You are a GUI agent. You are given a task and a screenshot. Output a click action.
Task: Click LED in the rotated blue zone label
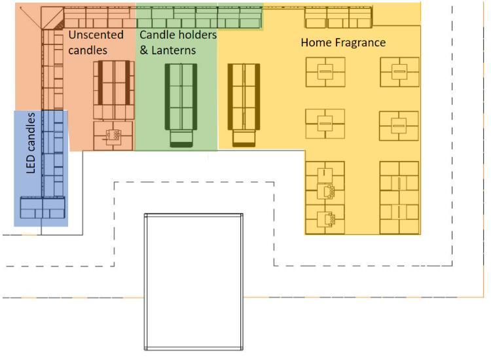click(x=30, y=164)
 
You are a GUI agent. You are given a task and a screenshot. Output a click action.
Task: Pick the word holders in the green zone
click(x=194, y=35)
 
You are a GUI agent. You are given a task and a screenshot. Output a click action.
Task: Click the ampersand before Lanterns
click(x=145, y=50)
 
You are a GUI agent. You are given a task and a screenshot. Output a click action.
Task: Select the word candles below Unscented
click(x=88, y=50)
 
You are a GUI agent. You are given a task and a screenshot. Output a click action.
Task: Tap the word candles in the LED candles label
click(x=30, y=132)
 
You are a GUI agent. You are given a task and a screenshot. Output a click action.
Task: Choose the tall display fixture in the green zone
click(x=181, y=104)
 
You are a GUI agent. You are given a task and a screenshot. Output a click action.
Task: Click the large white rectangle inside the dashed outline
click(x=194, y=281)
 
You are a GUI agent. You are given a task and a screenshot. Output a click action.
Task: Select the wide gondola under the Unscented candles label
click(x=113, y=90)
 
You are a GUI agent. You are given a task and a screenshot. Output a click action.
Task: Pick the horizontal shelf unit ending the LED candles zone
click(x=43, y=207)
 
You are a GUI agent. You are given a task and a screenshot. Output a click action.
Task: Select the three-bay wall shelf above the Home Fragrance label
click(x=338, y=16)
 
